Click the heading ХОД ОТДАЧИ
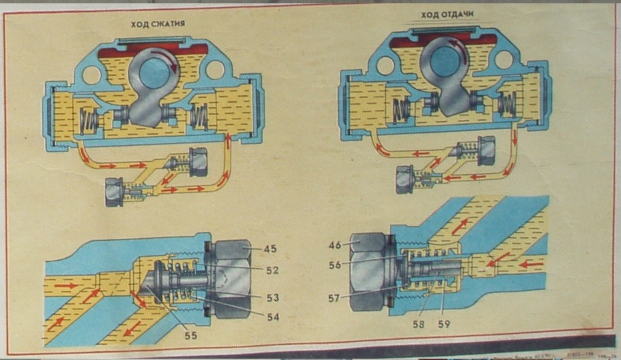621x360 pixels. (x=442, y=15)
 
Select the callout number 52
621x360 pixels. (x=272, y=271)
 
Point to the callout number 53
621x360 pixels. (x=272, y=297)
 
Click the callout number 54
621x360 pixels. (x=273, y=317)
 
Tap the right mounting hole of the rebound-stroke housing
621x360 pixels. (x=504, y=60)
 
